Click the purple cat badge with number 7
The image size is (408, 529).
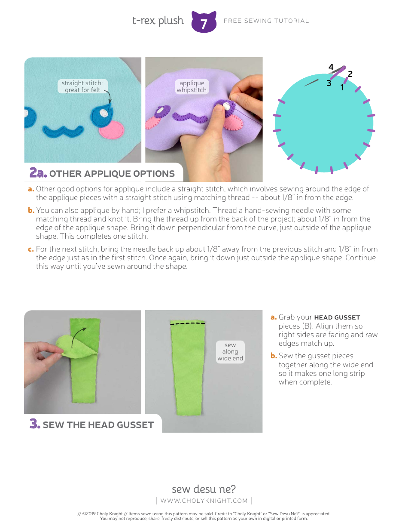click(204, 22)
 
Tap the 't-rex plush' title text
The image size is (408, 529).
click(158, 21)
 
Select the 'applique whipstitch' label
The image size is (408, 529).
click(192, 86)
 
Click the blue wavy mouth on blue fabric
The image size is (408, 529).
click(63, 129)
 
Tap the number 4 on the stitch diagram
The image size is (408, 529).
click(331, 68)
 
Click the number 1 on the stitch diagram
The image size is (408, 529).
click(342, 87)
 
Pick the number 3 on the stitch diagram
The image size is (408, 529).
click(329, 83)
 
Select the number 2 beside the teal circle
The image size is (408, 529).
click(350, 74)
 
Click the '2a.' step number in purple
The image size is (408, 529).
click(38, 173)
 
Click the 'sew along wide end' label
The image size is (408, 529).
click(230, 351)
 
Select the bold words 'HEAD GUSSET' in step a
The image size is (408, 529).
click(337, 317)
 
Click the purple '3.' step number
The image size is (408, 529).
click(35, 424)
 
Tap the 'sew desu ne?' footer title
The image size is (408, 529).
click(204, 489)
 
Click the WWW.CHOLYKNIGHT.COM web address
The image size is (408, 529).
click(204, 501)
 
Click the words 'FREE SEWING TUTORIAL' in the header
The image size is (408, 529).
click(266, 21)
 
